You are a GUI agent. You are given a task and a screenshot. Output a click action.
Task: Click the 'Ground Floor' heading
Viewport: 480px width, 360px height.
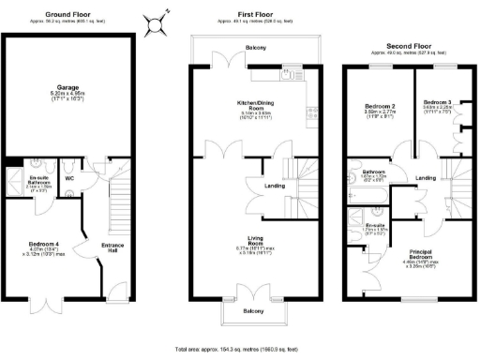[67, 14]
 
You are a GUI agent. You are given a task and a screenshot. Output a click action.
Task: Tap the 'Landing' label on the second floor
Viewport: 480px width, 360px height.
[425, 178]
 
